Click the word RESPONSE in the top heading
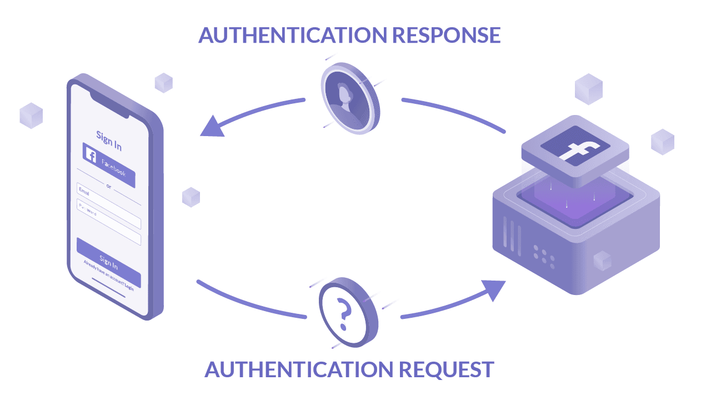click(446, 35)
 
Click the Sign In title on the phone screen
click(109, 140)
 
